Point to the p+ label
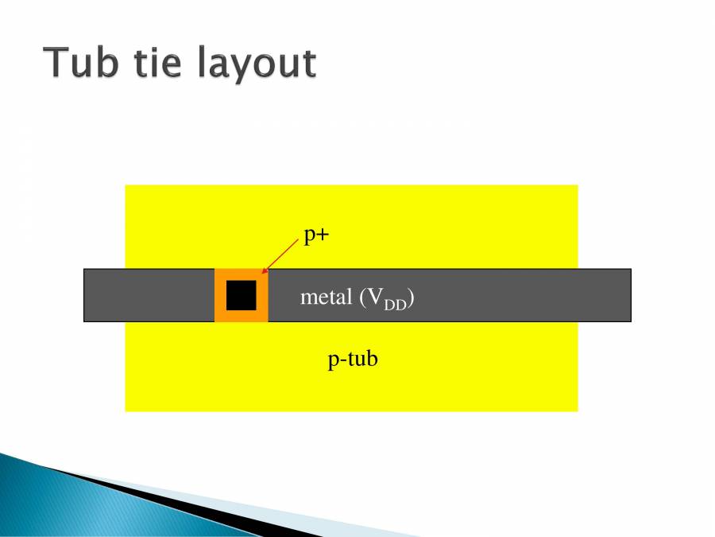[316, 236]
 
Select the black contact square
[241, 295]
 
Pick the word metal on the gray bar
[326, 298]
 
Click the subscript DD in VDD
[395, 305]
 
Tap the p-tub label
[353, 360]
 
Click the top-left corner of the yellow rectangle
[126, 186]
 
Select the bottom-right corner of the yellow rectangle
[577, 410]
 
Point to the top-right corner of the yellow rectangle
[577, 186]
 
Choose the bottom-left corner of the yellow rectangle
[126, 410]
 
